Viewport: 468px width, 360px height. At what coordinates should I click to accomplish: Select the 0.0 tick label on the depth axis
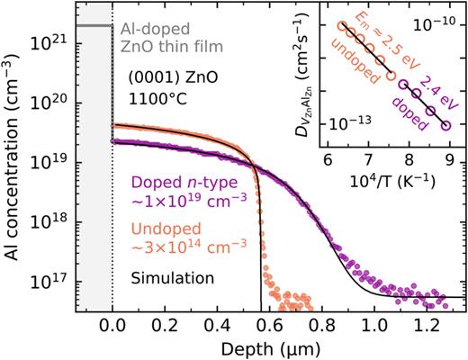click(x=112, y=328)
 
